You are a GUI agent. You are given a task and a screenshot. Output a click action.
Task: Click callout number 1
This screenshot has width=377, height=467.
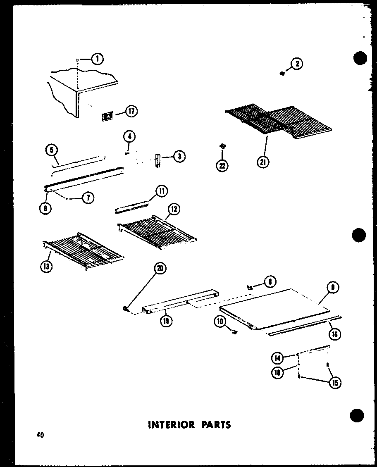click(97, 59)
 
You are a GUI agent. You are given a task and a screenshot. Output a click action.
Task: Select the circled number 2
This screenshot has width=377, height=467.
click(297, 63)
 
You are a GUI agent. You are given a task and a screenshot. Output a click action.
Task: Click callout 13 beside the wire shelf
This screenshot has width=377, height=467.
click(46, 267)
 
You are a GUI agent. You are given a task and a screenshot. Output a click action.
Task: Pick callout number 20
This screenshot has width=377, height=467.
click(159, 268)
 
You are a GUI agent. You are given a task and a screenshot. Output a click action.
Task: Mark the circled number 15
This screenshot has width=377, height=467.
click(335, 383)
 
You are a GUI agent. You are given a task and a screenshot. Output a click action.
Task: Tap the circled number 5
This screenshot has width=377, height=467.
click(51, 151)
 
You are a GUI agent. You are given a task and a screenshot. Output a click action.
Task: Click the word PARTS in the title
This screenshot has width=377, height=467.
click(214, 424)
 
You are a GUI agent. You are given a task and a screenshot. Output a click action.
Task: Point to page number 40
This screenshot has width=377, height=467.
click(40, 435)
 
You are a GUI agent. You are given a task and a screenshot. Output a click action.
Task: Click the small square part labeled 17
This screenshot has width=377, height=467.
click(107, 117)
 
